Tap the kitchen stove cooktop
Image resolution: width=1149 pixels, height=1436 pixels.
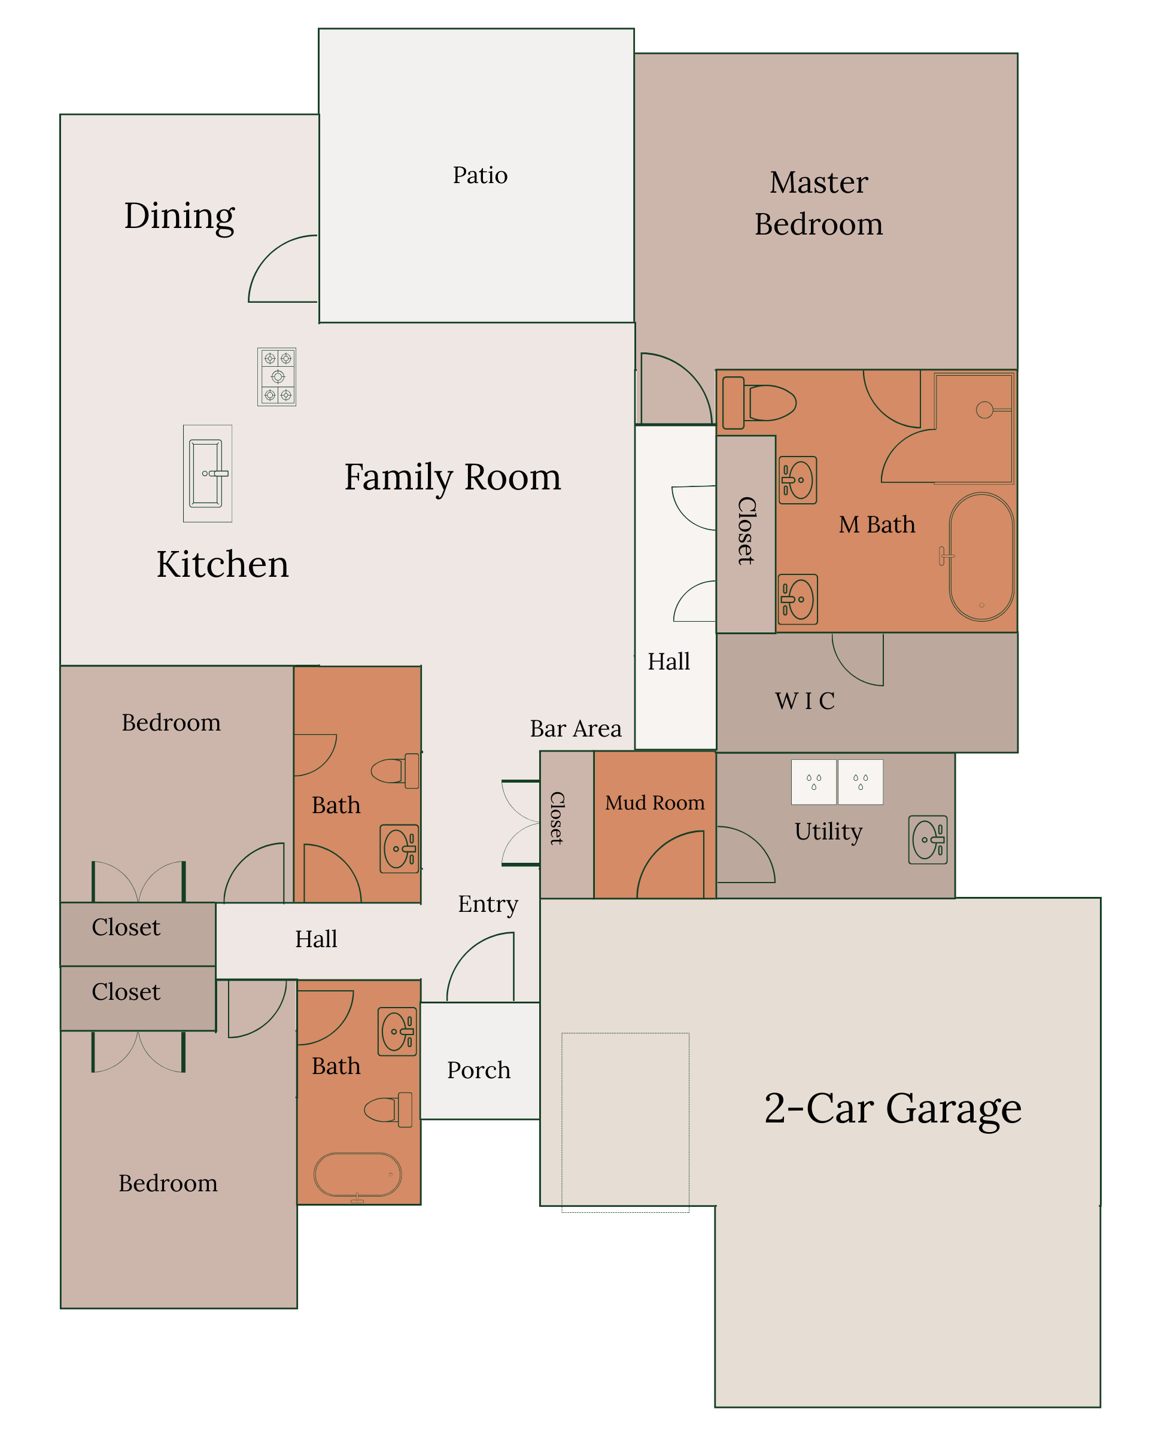pos(276,376)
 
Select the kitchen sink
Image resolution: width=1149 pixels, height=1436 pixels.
pos(208,473)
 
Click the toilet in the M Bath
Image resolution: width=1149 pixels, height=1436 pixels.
pos(759,403)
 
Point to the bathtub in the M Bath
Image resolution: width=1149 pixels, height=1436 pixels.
pos(981,557)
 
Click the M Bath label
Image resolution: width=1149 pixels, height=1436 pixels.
pos(877,525)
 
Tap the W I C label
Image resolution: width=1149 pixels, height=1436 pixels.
pos(805,701)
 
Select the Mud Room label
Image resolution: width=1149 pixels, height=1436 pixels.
pos(655,802)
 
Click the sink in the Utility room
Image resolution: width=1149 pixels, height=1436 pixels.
pos(928,840)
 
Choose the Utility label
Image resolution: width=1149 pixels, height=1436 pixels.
pos(828,832)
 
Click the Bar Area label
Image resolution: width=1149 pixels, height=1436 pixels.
pos(576,729)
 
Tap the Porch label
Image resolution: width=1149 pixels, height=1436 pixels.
pos(478,1070)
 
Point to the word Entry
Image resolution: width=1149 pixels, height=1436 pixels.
pos(488,905)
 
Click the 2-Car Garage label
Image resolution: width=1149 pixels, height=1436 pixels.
pos(892,1109)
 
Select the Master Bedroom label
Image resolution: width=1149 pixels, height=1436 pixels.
pos(819,203)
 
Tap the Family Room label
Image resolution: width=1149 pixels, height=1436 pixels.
pos(452,477)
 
